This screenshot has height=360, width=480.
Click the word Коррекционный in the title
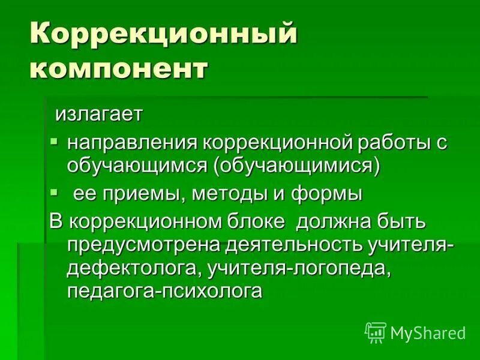point(164,35)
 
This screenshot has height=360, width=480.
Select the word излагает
point(99,114)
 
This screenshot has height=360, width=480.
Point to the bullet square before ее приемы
point(54,193)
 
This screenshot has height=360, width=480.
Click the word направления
point(133,143)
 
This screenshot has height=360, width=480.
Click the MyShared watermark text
point(428,333)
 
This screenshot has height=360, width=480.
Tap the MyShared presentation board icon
point(376,332)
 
